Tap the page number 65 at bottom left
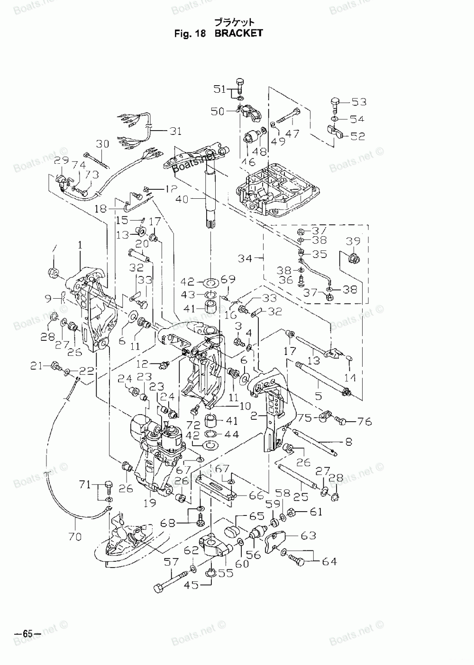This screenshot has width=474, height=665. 23,633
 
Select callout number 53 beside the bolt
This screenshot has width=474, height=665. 359,102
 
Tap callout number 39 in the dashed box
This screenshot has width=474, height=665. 353,241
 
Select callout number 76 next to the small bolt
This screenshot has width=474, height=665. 365,421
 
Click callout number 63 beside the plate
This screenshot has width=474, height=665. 308,535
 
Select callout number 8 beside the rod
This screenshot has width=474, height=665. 348,443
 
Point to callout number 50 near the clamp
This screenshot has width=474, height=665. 217,111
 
